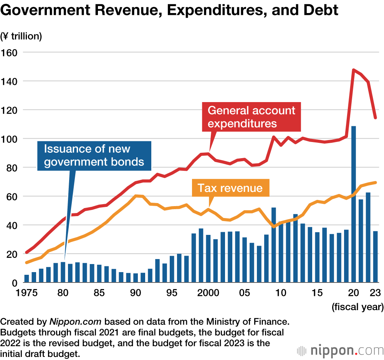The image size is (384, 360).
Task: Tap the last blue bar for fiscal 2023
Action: pyautogui.click(x=375, y=257)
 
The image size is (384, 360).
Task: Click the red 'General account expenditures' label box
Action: pyautogui.click(x=252, y=117)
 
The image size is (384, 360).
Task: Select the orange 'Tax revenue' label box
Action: pyautogui.click(x=230, y=188)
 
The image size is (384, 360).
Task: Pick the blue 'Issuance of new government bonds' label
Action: pyautogui.click(x=94, y=155)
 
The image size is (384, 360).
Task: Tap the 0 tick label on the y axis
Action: pyautogui.click(x=15, y=283)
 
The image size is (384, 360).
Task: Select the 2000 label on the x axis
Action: pyautogui.click(x=208, y=293)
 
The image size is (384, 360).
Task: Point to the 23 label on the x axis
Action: pyautogui.click(x=375, y=293)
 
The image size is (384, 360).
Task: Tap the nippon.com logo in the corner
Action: pyautogui.click(x=340, y=350)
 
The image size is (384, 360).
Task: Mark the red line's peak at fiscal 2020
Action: pyautogui.click(x=353, y=70)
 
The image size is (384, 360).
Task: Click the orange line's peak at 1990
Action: pyautogui.click(x=136, y=196)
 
